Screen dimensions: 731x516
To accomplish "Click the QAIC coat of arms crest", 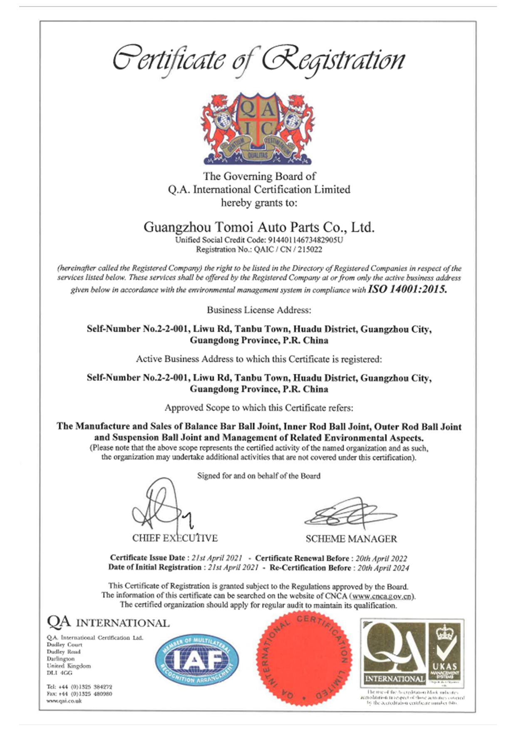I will pos(258,129).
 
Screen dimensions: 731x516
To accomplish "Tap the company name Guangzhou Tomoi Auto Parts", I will pos(259,227).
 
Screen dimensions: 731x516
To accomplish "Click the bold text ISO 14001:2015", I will pos(407,289).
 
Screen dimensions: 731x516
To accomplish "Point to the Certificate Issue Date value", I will pos(217,558).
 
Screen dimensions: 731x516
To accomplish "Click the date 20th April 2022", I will pos(382,558).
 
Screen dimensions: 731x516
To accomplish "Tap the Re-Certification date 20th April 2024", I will pos(383,568).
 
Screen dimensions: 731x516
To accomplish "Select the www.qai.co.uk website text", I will pos(64,701).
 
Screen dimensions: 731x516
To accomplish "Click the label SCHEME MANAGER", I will pos(351,539).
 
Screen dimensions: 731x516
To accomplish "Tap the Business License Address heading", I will pos(259,310).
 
